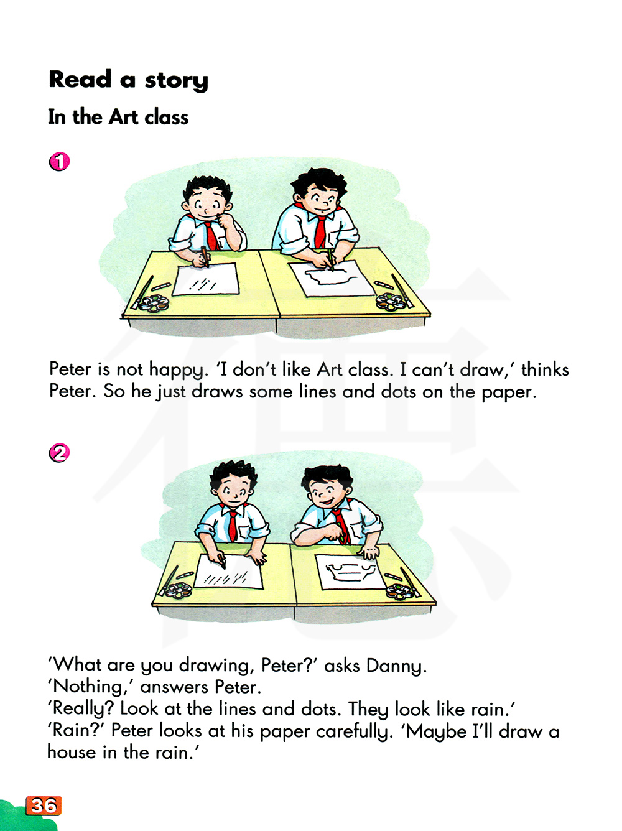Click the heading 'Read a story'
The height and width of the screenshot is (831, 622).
(128, 80)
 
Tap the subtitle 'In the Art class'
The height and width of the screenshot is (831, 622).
(118, 117)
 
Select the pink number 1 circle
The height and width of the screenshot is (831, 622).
(60, 162)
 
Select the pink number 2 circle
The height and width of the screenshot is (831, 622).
(60, 453)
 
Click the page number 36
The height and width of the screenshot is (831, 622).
(44, 805)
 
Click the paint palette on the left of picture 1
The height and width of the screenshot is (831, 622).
(154, 304)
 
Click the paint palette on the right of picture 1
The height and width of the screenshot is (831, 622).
(391, 302)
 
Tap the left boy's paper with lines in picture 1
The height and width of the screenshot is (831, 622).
(205, 279)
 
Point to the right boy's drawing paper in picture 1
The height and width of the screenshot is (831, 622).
(332, 279)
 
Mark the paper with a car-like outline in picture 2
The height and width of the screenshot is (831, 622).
(351, 572)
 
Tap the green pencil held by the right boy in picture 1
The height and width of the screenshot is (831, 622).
(330, 259)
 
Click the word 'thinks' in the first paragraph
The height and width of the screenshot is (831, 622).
(545, 369)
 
